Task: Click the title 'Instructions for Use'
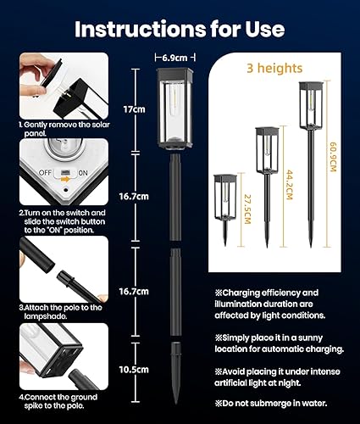click(x=180, y=29)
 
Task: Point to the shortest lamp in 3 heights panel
click(x=225, y=204)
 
